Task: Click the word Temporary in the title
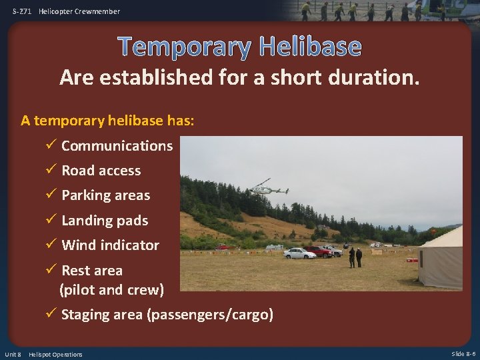pos(185,47)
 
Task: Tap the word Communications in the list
pos(117,145)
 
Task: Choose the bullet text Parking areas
pos(105,195)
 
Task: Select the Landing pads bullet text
pos(105,220)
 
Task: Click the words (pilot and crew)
pos(111,289)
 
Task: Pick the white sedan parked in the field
pos(299,253)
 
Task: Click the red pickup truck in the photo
pos(319,251)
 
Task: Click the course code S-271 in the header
pos(22,11)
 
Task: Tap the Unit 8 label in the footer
pos(13,354)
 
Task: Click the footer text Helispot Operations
pos(55,354)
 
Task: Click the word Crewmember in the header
pos(97,11)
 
